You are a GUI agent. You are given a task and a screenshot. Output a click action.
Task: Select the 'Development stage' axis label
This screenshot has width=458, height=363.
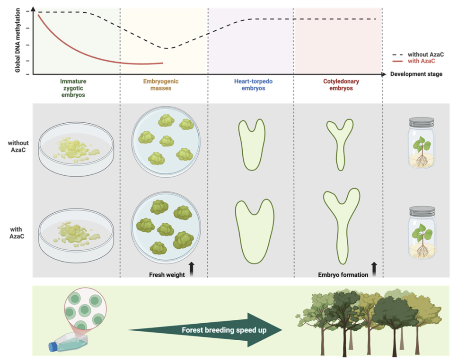click(x=416, y=74)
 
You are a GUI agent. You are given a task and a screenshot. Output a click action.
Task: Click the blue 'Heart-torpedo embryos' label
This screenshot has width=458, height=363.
click(x=250, y=84)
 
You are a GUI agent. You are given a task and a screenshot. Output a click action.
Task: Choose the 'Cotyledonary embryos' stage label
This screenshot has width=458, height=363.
click(x=338, y=84)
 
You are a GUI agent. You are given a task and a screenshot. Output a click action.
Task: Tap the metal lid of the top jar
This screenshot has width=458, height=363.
click(x=421, y=122)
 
